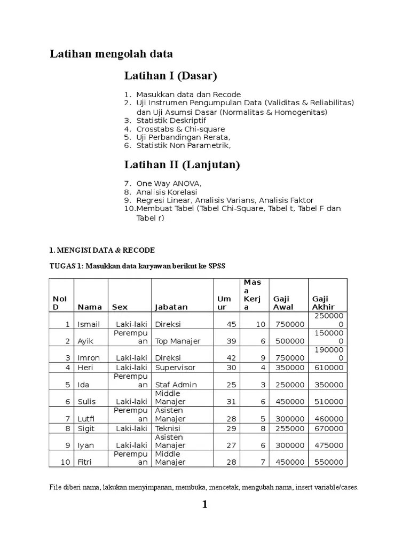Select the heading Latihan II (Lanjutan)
click(182, 165)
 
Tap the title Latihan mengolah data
click(111, 54)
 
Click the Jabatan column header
click(171, 307)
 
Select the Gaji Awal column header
click(283, 303)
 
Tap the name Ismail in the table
click(89, 324)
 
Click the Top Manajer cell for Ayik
click(178, 341)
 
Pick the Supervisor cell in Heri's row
click(175, 368)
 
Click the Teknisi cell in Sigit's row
click(168, 428)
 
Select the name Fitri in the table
click(86, 463)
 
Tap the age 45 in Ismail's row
click(231, 324)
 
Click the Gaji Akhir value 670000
click(327, 428)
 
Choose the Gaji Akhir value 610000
click(327, 368)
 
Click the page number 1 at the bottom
click(204, 505)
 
